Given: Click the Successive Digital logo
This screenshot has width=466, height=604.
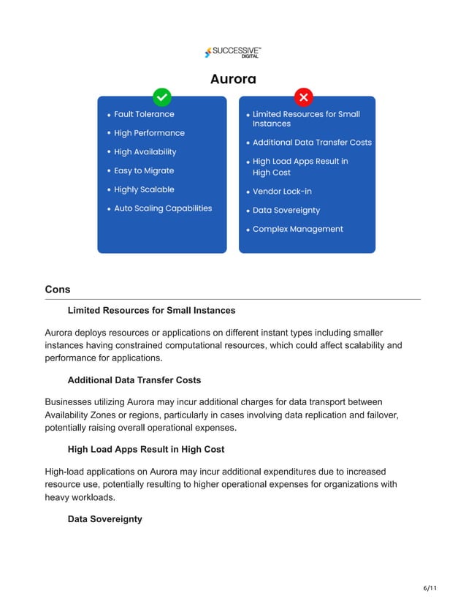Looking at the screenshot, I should (x=233, y=52).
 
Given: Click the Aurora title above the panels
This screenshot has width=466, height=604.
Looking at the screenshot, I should (x=233, y=78).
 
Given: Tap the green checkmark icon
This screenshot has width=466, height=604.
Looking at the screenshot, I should (x=161, y=97).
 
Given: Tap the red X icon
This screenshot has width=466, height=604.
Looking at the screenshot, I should (x=303, y=97).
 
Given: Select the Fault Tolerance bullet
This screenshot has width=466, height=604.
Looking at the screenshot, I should (x=144, y=114).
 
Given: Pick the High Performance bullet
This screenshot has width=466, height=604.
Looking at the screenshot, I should (x=149, y=133).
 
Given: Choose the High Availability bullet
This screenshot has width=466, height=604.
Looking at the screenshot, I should (x=145, y=152).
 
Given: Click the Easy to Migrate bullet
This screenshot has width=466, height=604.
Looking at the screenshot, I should (x=144, y=170).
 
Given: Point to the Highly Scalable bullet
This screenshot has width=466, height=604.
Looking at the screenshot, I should (x=144, y=189).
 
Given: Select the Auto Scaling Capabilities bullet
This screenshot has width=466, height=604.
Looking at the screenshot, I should (x=162, y=208).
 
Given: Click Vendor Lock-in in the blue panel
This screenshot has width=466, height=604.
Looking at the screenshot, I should (x=282, y=192).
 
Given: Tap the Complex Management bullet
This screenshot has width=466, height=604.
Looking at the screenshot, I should (x=297, y=229).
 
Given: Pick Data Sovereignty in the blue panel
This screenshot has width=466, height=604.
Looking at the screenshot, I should (x=286, y=211).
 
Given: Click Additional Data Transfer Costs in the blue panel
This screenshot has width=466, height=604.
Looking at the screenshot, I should (x=312, y=143).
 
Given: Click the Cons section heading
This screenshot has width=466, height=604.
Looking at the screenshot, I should (x=58, y=290).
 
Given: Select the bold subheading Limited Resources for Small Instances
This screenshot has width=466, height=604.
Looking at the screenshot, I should (x=151, y=311).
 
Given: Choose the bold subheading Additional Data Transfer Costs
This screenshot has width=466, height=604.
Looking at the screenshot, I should (x=134, y=380).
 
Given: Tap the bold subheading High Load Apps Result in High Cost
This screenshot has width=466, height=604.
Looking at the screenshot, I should (x=145, y=449).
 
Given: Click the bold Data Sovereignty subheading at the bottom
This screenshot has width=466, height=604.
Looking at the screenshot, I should (x=104, y=518).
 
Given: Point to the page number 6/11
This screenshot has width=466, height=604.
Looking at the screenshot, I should (x=430, y=588).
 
